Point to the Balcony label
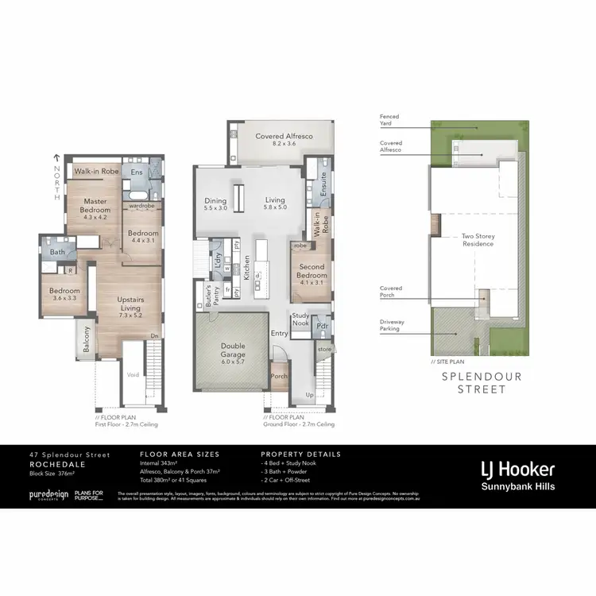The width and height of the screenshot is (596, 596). click(x=85, y=339)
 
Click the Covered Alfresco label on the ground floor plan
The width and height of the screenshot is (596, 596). click(x=284, y=141)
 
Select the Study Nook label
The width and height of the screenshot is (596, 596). click(x=300, y=320)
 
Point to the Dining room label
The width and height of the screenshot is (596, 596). click(x=216, y=205)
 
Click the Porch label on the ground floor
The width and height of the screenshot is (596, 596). click(x=278, y=377)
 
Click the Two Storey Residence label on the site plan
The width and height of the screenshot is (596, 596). click(x=478, y=239)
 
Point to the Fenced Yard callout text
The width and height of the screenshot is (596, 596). click(x=389, y=120)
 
